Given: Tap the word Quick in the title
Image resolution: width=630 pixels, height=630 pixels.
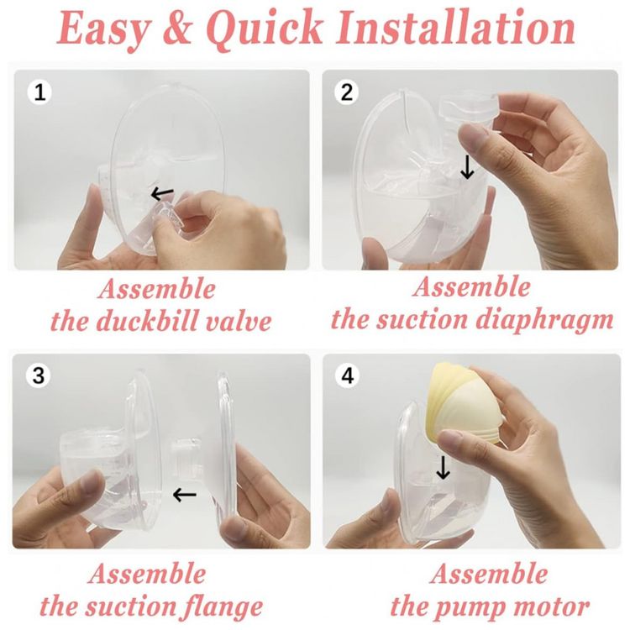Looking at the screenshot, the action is [x=266, y=28].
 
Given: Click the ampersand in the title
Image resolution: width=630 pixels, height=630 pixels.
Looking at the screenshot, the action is [x=177, y=28].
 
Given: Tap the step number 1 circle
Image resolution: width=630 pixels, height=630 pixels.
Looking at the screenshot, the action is [x=39, y=92].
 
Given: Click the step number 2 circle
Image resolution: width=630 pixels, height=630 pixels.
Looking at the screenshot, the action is [x=347, y=92].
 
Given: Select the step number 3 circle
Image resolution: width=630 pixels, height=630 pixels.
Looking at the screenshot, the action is [x=38, y=375].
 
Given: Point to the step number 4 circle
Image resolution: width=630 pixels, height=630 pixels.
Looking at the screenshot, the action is [x=348, y=375].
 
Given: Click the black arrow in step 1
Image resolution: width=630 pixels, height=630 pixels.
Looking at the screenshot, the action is [x=162, y=194].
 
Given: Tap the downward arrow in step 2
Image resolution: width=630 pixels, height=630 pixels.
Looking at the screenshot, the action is [x=467, y=167].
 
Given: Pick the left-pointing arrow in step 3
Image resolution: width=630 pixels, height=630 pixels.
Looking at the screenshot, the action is [x=185, y=495].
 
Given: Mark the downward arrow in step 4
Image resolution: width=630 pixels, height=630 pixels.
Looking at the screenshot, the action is [x=443, y=467].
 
